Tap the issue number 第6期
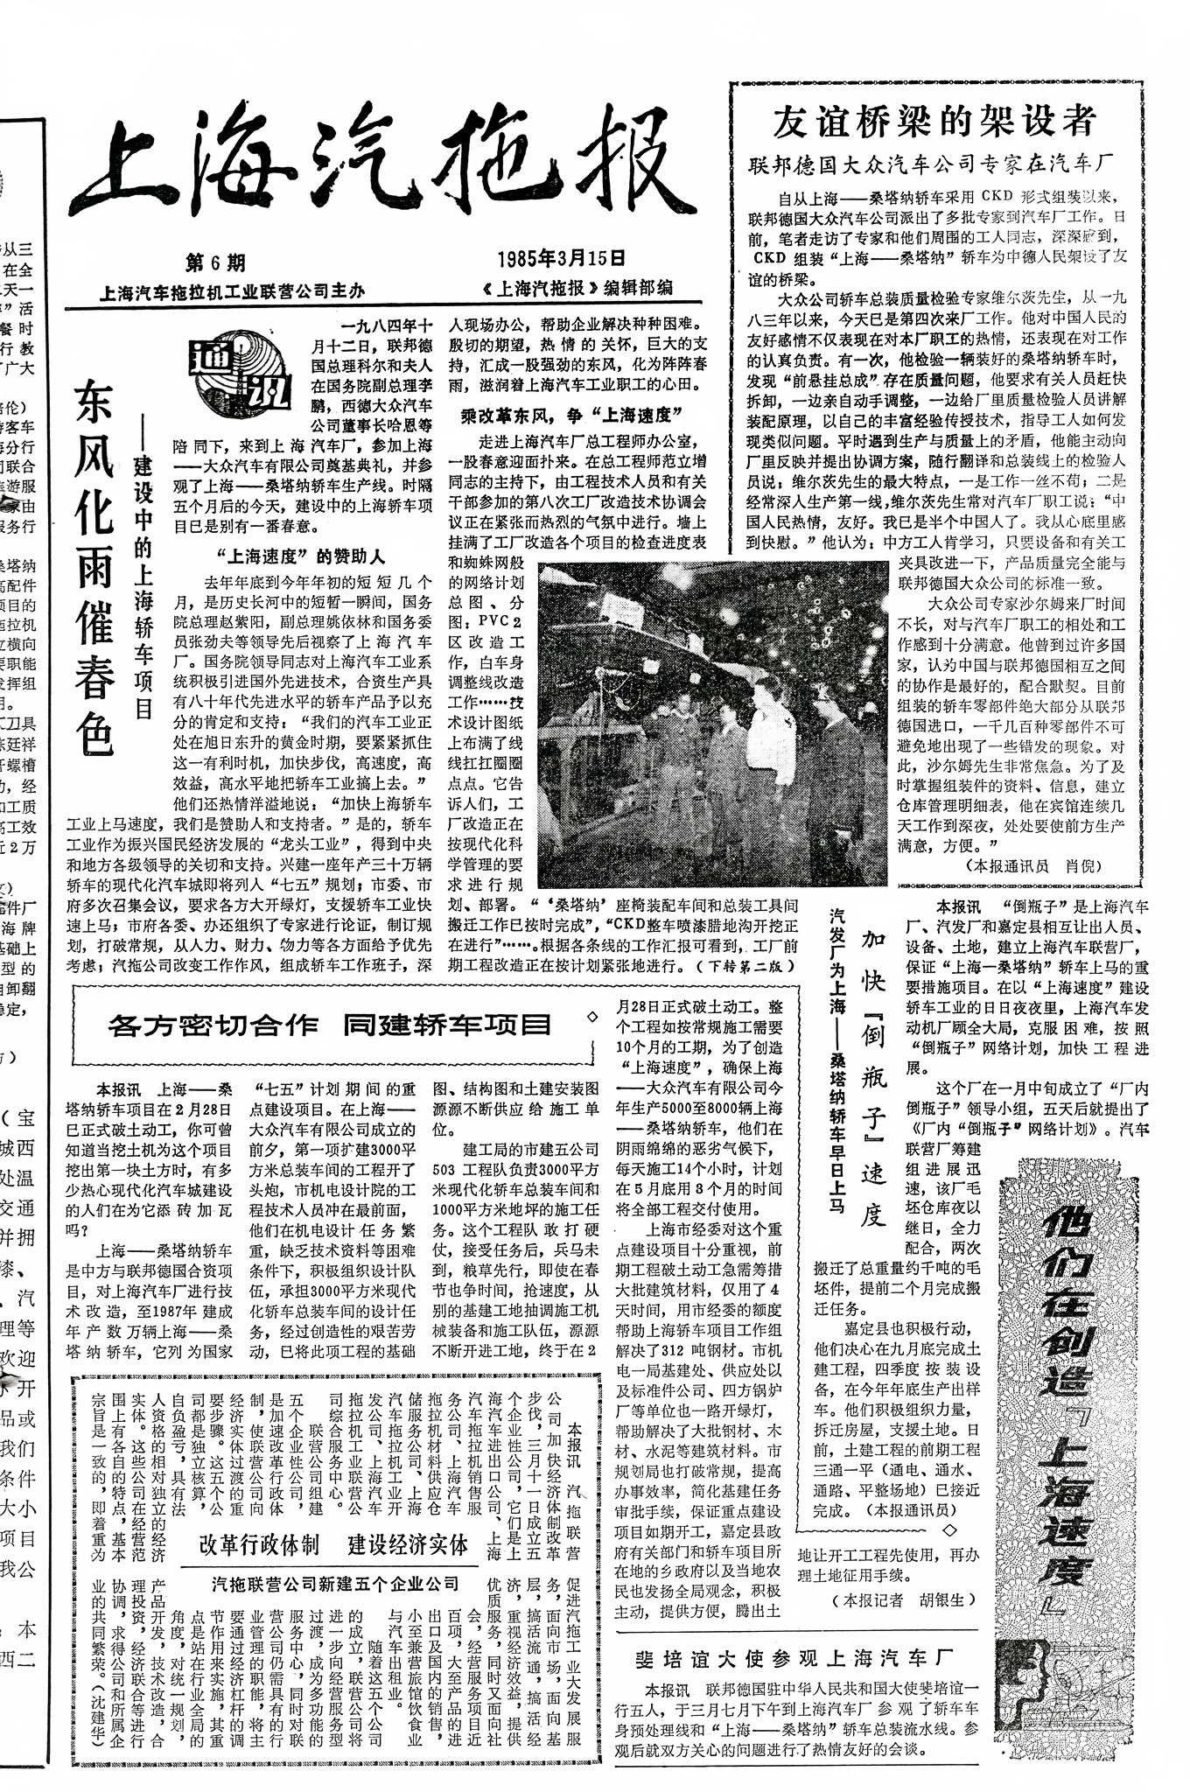click(215, 262)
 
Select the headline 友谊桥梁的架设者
click(934, 121)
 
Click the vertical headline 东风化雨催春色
click(94, 569)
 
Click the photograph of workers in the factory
click(712, 723)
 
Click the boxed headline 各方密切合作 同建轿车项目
click(330, 1025)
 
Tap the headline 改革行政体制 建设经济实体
click(333, 1544)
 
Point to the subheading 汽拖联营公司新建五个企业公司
click(335, 1583)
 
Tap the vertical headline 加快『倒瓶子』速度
click(872, 1076)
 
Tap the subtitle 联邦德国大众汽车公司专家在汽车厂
click(930, 164)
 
